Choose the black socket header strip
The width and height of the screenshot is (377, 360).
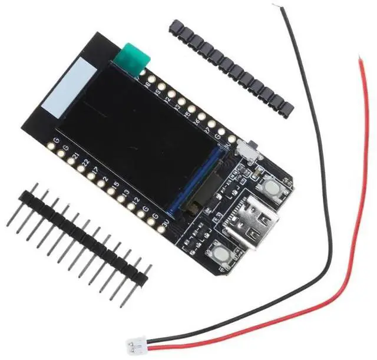click(230, 67)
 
